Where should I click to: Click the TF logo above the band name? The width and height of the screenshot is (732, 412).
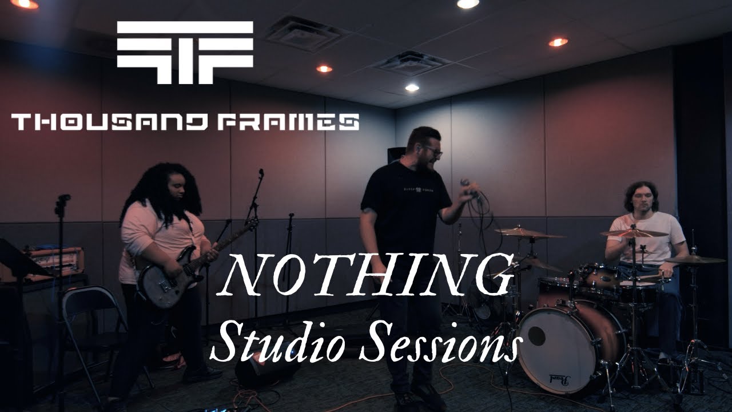click(185, 53)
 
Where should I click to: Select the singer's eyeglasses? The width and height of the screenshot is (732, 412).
click(433, 152)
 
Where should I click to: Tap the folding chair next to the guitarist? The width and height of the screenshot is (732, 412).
click(91, 320)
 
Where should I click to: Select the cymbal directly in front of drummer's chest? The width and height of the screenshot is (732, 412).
click(634, 233)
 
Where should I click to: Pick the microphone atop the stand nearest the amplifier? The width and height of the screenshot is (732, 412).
click(63, 199)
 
